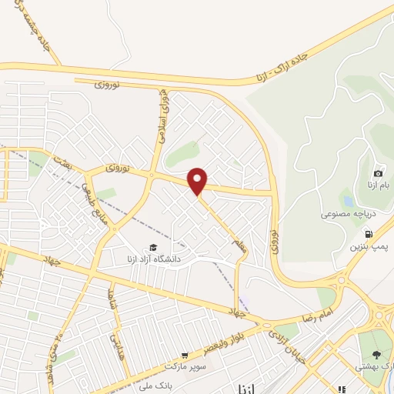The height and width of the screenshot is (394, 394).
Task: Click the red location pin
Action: click(199, 181)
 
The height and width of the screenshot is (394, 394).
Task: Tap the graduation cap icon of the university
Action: click(153, 247)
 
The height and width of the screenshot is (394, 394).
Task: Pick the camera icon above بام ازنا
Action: click(378, 174)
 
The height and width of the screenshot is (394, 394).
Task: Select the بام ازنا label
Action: click(378, 187)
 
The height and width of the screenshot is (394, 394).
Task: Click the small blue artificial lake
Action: click(349, 202)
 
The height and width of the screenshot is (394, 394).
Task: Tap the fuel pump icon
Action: click(369, 232)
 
